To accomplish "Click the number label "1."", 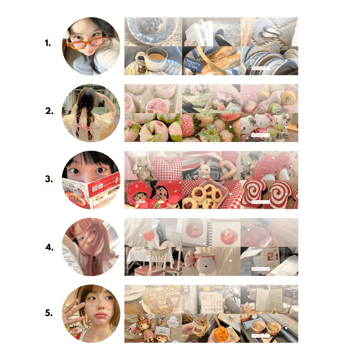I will pos(48,44).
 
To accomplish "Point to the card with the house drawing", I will pos(269,259).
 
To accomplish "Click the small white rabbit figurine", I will pos(204,170).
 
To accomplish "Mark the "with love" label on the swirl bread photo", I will pos(260,202).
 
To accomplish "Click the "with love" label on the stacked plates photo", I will pos(260,68).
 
